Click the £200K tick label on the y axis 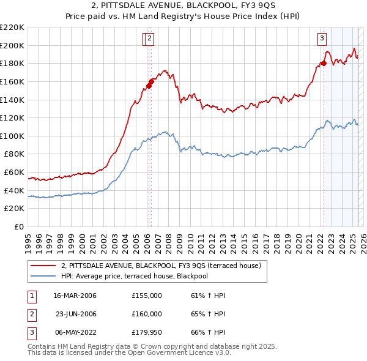12,45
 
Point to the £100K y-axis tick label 12,136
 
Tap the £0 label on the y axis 20,226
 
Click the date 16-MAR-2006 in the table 75,296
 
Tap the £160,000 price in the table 147,314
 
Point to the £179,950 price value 147,332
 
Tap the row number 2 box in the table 31,314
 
